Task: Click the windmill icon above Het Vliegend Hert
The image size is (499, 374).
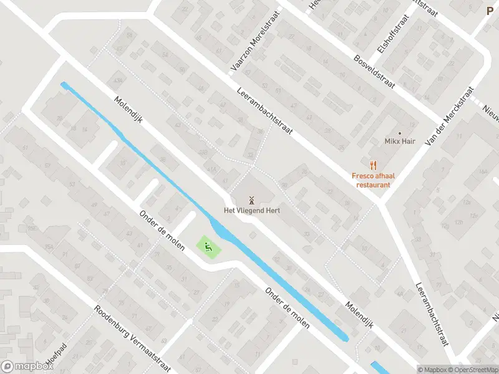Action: [x=252, y=200]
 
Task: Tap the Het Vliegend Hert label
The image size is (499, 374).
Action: [x=252, y=211]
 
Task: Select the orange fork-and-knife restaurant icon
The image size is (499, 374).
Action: [x=373, y=165]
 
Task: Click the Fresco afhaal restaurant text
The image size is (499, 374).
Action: [x=373, y=180]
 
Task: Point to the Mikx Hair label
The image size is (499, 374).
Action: [x=399, y=141]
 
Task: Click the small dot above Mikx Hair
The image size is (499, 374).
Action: [x=400, y=133]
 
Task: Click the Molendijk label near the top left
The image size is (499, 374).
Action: [x=128, y=110]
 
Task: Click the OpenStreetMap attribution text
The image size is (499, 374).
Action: [x=472, y=370]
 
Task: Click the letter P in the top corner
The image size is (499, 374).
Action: [x=490, y=10]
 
